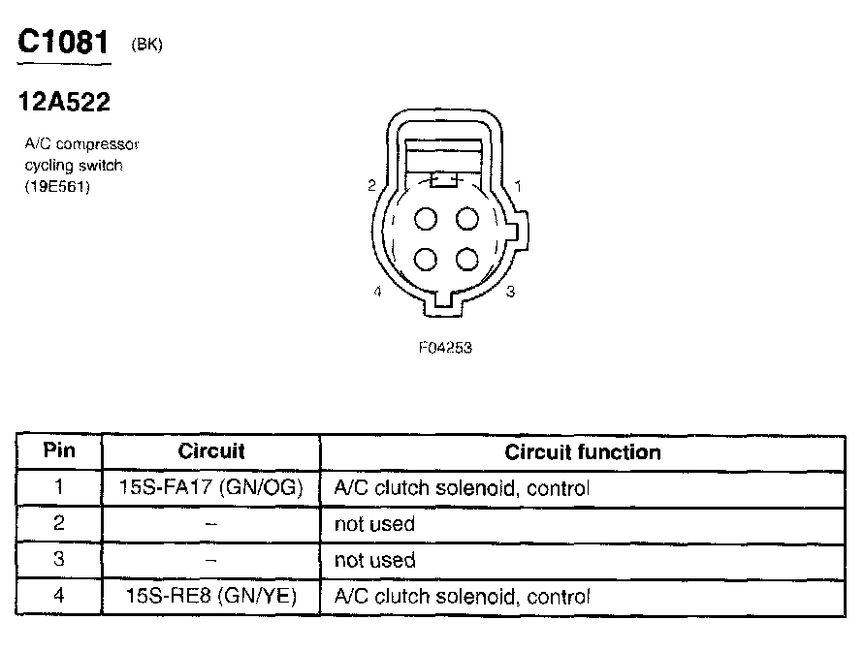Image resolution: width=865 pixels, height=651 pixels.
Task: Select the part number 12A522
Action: [x=65, y=102]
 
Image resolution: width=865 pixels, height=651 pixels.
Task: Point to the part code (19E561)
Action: [x=58, y=188]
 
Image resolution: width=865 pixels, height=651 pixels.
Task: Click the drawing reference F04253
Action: [x=445, y=348]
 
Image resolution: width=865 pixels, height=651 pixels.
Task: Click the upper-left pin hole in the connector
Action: [x=426, y=219]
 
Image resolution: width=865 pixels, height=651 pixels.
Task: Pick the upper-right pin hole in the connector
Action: [x=467, y=219]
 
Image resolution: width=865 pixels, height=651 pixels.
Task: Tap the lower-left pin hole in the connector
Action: [x=426, y=260]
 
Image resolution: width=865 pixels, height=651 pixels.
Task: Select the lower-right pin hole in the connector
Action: [x=467, y=260]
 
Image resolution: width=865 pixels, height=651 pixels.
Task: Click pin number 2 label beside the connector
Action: [x=371, y=185]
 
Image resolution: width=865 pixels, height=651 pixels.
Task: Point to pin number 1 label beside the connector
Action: [x=518, y=185]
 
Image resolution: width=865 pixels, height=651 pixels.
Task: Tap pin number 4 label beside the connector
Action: [x=377, y=291]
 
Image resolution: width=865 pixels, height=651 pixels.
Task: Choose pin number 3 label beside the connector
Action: [x=510, y=291]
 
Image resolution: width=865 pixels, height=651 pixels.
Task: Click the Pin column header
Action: [x=59, y=451]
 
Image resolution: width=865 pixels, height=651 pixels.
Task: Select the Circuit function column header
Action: [x=583, y=452]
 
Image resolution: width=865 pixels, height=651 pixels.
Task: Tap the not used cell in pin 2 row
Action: [x=374, y=524]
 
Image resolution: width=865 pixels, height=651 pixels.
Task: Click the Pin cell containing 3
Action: [x=59, y=560]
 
